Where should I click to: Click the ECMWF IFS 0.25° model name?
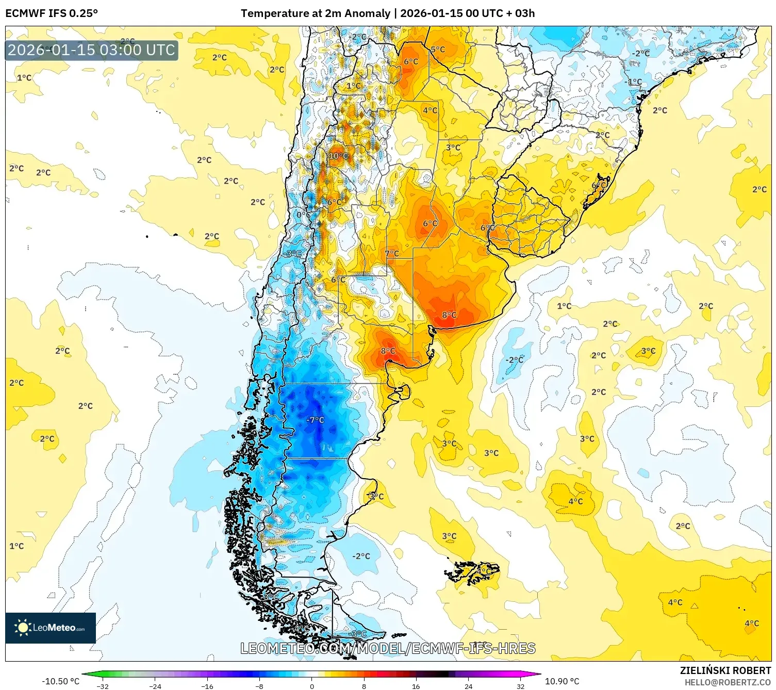click(52, 13)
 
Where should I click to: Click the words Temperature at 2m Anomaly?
click(315, 13)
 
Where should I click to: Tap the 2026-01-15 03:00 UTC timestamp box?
click(92, 51)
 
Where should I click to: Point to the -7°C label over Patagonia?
click(315, 420)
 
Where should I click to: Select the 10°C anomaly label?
click(338, 156)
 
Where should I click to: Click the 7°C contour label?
click(392, 253)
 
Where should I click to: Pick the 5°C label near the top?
click(438, 50)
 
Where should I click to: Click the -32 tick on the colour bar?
click(103, 686)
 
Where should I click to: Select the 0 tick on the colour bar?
click(311, 686)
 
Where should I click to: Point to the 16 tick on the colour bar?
click(416, 686)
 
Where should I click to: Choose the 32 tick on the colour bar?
click(520, 686)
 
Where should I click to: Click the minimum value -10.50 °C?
click(60, 681)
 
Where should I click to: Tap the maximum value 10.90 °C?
click(562, 681)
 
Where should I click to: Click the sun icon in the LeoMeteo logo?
click(23, 628)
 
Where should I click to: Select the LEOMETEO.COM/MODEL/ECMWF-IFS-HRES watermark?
click(388, 648)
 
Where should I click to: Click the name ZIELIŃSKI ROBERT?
click(725, 670)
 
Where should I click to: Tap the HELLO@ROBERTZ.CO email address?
click(728, 682)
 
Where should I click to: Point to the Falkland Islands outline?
click(472, 572)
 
